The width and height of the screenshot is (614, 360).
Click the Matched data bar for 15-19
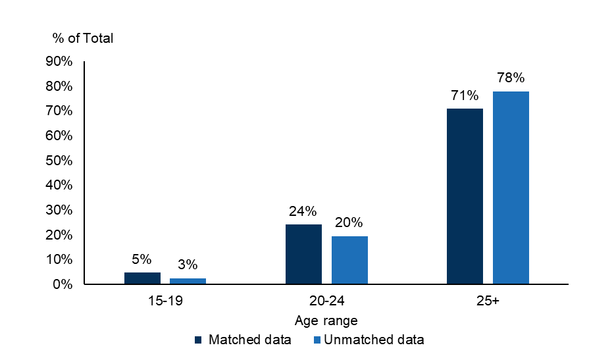coord(142,278)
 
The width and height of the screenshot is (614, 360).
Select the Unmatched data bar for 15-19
coord(188,281)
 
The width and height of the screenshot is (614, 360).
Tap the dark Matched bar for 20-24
coord(303,254)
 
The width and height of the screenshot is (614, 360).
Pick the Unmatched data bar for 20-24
coord(349,260)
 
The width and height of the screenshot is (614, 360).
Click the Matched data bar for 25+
coord(465,196)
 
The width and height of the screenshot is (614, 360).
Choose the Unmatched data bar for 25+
coord(511,188)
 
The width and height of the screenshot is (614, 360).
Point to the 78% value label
coord(511,78)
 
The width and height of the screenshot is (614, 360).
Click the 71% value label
coord(465,95)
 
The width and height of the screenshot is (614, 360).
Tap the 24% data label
coord(303,211)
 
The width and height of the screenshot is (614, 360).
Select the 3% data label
coord(188,265)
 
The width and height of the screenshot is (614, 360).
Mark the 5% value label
coord(141,259)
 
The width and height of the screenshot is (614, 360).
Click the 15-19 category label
coord(165,301)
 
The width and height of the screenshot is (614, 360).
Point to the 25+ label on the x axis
coord(488,301)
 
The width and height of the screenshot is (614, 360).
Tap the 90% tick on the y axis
coord(59,61)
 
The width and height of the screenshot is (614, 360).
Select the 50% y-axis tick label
coord(59,160)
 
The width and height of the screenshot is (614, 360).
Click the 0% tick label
coord(63,284)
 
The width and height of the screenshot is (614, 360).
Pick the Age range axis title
coord(326,321)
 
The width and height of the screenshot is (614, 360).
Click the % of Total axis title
coord(83,38)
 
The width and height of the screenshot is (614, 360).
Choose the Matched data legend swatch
coord(198,340)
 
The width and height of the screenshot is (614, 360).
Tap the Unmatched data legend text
coord(374,339)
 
